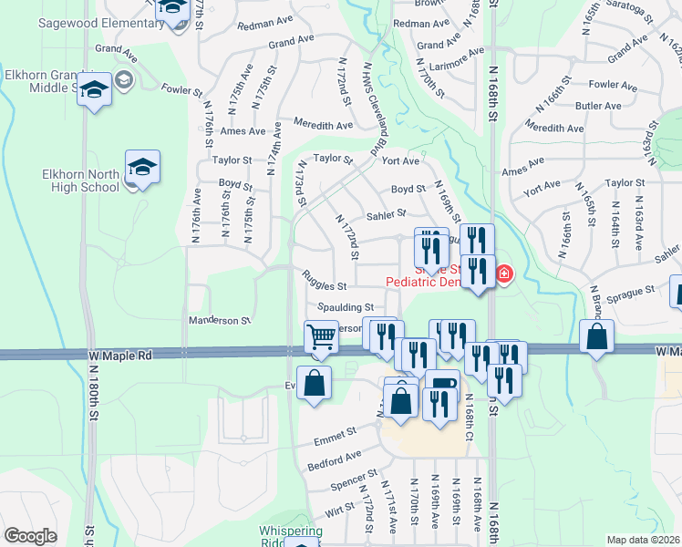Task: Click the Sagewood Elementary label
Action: tap(89, 22)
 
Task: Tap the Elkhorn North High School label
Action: tap(81, 180)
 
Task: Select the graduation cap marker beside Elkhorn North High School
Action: tap(142, 167)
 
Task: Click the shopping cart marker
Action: tap(321, 336)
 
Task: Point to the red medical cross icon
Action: tap(503, 273)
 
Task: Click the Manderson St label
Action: tap(219, 321)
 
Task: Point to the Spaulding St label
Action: tap(346, 307)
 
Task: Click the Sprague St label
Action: tap(638, 290)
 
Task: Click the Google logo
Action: tap(31, 536)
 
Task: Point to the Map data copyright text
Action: tap(643, 540)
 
